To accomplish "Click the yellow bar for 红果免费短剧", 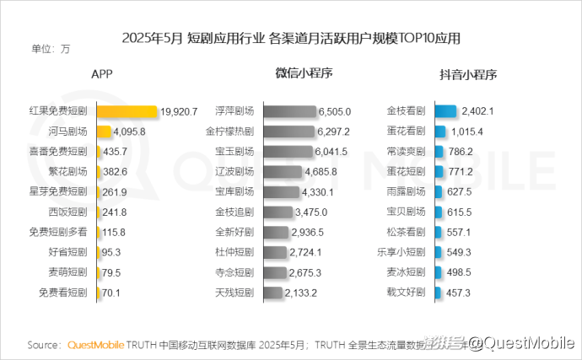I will click(x=127, y=111).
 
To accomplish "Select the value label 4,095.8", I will click(x=131, y=132).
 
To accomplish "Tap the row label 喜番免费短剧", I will click(x=57, y=152).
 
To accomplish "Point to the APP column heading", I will click(x=102, y=74).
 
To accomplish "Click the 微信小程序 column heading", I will click(x=304, y=74).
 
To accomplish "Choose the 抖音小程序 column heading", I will click(x=466, y=74).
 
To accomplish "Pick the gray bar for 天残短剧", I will click(x=272, y=293).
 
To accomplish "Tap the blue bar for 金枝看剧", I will click(x=445, y=111).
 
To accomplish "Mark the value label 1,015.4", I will click(x=466, y=132).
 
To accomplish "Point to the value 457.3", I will click(x=457, y=293).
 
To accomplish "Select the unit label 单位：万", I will click(x=51, y=49).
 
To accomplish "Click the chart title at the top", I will click(x=291, y=38).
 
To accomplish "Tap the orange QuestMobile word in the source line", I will click(x=95, y=345).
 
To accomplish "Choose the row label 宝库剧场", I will click(x=234, y=192).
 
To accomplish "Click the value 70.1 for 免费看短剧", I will click(x=111, y=293).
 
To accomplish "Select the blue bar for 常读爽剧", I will click(x=439, y=152).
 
